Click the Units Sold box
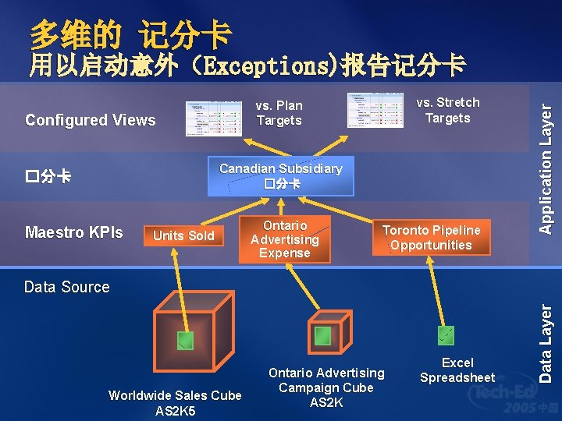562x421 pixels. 183,235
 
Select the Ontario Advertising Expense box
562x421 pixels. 285,239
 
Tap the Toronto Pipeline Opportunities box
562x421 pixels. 431,237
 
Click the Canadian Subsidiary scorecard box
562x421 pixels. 281,176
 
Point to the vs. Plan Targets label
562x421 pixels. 279,113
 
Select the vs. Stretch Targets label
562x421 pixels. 447,110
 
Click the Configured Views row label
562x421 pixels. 90,120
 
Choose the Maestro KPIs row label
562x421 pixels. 73,232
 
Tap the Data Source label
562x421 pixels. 67,287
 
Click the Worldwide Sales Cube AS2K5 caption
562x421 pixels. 175,403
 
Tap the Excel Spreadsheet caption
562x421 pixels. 457,370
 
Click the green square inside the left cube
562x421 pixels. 185,338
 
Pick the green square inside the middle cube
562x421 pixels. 322,336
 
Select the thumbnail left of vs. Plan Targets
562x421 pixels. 214,119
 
